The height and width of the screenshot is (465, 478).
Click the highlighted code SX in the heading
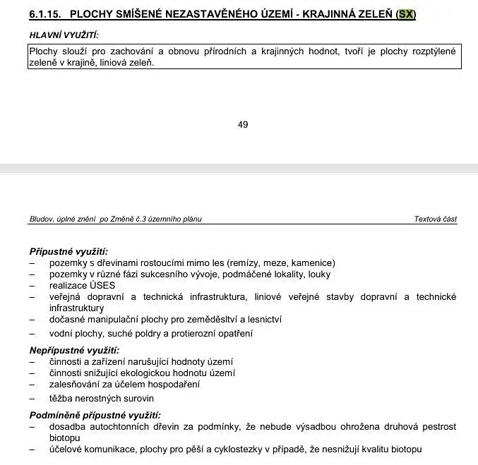(406, 15)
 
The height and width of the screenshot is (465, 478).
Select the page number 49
(243, 125)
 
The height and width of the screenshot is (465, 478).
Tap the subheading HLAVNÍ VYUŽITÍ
(64, 35)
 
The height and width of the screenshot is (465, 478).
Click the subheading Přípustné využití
(68, 251)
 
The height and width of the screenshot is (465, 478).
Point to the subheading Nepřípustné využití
(74, 350)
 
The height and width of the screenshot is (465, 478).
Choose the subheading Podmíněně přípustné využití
(95, 415)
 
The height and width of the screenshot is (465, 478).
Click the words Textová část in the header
(435, 219)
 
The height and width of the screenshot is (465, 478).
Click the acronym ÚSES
(102, 286)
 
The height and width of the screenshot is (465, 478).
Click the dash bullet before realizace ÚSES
(32, 286)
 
